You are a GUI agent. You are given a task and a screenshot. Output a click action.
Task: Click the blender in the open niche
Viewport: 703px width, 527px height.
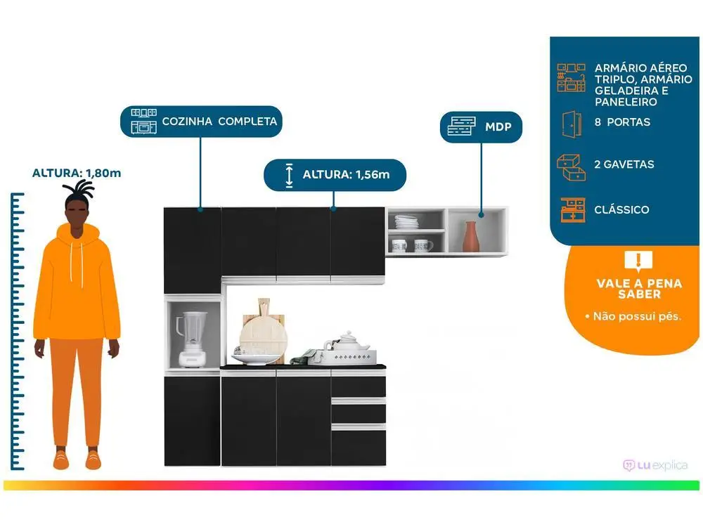tap(192, 339)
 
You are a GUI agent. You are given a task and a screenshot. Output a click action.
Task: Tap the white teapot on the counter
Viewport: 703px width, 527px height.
tap(347, 341)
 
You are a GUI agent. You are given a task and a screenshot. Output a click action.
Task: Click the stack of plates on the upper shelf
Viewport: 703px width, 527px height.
tap(406, 222)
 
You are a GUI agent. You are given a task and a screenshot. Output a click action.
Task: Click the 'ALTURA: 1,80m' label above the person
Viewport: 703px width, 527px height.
tap(77, 173)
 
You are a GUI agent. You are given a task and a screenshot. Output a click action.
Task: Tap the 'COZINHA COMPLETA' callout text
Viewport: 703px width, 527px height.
tap(219, 122)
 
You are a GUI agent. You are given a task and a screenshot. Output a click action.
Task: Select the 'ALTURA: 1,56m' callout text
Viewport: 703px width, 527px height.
tap(346, 175)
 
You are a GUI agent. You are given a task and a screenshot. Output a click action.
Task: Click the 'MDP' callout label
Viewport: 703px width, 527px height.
tap(498, 126)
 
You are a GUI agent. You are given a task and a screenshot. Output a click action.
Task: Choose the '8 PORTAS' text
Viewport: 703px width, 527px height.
tap(622, 122)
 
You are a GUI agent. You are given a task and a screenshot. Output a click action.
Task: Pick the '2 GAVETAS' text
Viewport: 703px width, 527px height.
tap(624, 164)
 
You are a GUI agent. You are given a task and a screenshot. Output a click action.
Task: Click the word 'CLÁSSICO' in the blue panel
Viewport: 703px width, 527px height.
tap(621, 209)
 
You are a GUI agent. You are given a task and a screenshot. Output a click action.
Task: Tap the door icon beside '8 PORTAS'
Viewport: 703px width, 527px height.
tap(572, 124)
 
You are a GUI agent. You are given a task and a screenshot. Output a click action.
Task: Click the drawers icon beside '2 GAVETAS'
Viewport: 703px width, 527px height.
tap(571, 167)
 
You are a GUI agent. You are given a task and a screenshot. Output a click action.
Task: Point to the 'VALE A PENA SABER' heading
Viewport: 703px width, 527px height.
tap(639, 289)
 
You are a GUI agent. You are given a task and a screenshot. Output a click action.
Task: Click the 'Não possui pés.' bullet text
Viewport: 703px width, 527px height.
tap(637, 316)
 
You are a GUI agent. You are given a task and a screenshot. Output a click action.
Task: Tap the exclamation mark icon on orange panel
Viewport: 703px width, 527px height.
tap(638, 261)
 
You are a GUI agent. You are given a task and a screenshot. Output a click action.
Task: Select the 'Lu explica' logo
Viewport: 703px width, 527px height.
tap(655, 466)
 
